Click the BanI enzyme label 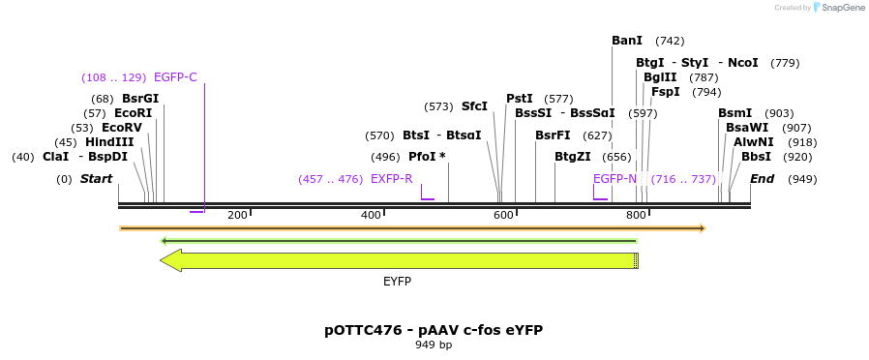(x=627, y=41)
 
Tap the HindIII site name (x=109, y=142)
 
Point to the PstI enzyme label (x=520, y=99)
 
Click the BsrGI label (x=140, y=99)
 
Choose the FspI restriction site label (x=666, y=92)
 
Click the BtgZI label (x=573, y=157)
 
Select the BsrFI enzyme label (x=553, y=135)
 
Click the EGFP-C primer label (x=175, y=77)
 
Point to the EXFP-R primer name (x=392, y=179)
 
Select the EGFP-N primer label (x=615, y=179)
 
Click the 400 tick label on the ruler (x=372, y=215)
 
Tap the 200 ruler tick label (x=237, y=215)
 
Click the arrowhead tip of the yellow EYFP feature (x=163, y=260)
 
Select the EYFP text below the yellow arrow (x=397, y=282)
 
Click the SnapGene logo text (x=841, y=8)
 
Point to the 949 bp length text (x=434, y=345)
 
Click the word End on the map (x=763, y=179)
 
